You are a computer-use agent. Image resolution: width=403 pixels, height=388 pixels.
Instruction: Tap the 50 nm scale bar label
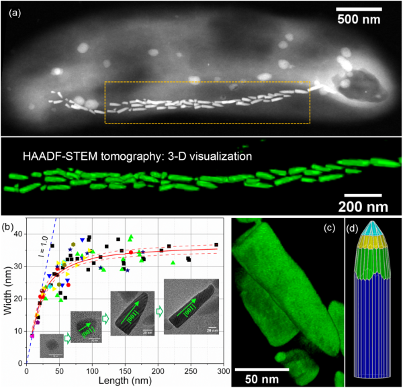pos(263,380)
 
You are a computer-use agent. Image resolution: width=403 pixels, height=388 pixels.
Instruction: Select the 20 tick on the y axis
pos(18,298)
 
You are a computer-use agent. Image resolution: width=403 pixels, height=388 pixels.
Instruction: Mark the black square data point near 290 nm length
pos(216,245)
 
